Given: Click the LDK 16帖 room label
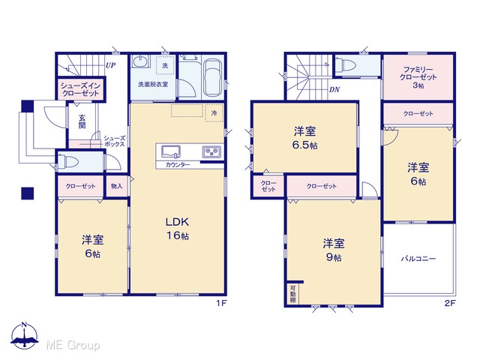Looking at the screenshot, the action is pyautogui.click(x=177, y=228).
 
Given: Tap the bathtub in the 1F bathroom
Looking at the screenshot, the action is pyautogui.click(x=213, y=77).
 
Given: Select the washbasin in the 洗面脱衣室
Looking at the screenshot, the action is pyautogui.click(x=141, y=61).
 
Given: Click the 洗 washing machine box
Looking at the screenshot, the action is pyautogui.click(x=165, y=65).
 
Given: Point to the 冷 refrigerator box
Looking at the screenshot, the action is pyautogui.click(x=214, y=113).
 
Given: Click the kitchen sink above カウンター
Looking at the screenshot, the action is pyautogui.click(x=171, y=151).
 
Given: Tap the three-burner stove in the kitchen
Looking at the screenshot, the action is pyautogui.click(x=211, y=151).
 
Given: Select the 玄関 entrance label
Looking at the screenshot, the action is pyautogui.click(x=82, y=121).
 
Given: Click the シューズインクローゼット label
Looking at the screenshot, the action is pyautogui.click(x=80, y=89).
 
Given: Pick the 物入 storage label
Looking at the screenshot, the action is pyautogui.click(x=117, y=186).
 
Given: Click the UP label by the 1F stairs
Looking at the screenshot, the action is pyautogui.click(x=110, y=65).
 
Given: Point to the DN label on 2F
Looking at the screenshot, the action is pyautogui.click(x=334, y=90).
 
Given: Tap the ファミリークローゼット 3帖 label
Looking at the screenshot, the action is pyautogui.click(x=418, y=77).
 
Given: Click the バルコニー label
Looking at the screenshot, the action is pyautogui.click(x=418, y=259).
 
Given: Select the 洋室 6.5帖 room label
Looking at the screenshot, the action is pyautogui.click(x=305, y=138).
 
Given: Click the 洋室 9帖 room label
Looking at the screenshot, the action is pyautogui.click(x=333, y=250).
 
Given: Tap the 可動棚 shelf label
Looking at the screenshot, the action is pyautogui.click(x=292, y=294).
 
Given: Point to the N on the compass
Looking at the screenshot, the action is pyautogui.click(x=25, y=325).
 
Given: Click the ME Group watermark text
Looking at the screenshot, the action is pyautogui.click(x=73, y=345).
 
